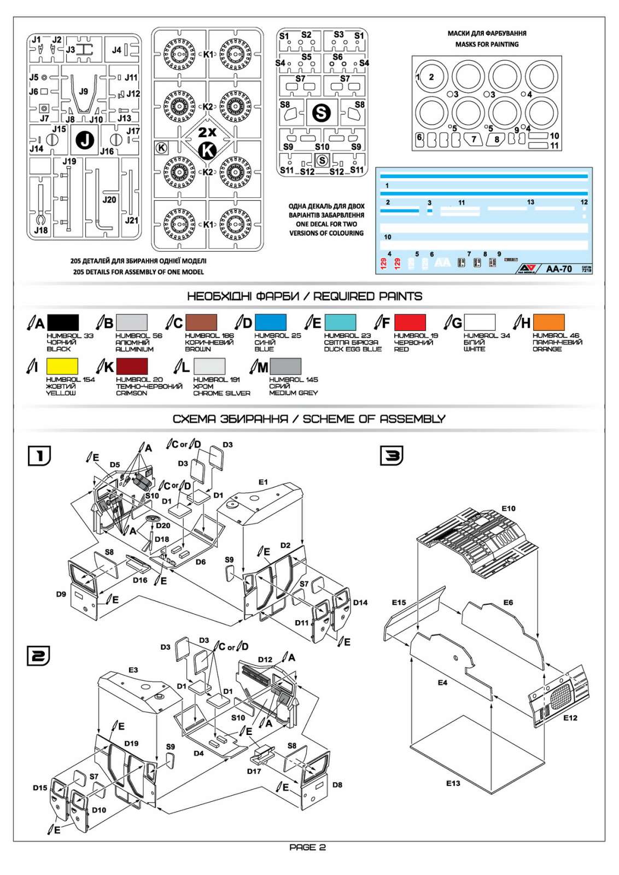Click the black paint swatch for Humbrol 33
[x=63, y=322]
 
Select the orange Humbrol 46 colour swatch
[x=548, y=322]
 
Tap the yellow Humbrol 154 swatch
[x=62, y=366]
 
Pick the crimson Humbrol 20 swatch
[x=132, y=366]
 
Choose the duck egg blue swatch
[x=340, y=322]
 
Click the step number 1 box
[x=39, y=456]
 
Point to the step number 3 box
[x=392, y=456]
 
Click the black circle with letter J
[x=85, y=140]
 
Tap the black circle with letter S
[x=321, y=113]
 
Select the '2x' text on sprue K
[x=207, y=132]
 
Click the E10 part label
[x=508, y=509]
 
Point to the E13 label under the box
[x=453, y=783]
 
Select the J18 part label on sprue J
[x=40, y=230]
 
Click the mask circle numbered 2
[x=431, y=77]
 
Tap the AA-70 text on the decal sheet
[x=558, y=269]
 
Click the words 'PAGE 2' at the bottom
[x=307, y=848]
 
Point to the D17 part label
[x=254, y=771]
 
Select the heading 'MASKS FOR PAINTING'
[x=487, y=44]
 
